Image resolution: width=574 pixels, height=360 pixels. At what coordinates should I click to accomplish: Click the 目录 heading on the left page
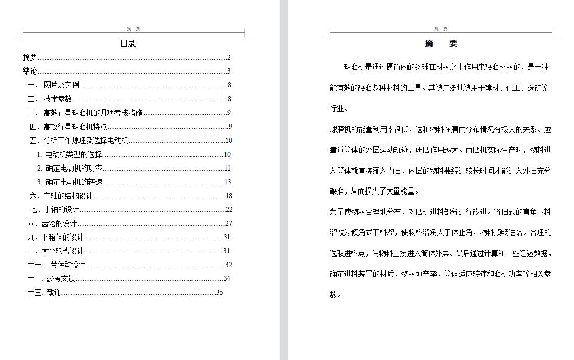[x=128, y=44]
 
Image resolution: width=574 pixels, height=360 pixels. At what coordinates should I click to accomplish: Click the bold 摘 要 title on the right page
[x=441, y=44]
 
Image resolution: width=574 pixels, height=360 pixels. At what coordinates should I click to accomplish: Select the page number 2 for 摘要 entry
[x=229, y=58]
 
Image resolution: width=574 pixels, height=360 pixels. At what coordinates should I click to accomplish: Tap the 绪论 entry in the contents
[x=30, y=71]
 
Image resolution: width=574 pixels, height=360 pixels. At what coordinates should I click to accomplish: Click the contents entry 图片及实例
[x=61, y=85]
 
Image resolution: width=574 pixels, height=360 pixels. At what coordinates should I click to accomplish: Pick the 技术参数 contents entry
[x=58, y=99]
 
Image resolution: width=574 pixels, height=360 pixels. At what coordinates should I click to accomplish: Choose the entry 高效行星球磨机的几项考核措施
[x=93, y=113]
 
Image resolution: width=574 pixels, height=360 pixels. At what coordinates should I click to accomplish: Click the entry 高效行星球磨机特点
[x=75, y=127]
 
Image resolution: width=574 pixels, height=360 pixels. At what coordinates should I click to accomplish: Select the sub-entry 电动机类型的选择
[x=74, y=154]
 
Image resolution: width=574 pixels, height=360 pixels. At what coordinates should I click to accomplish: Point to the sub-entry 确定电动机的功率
[x=74, y=168]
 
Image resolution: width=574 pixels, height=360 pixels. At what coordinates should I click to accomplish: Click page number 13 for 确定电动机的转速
[x=228, y=182]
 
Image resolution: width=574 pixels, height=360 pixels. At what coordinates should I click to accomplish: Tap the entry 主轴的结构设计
[x=68, y=196]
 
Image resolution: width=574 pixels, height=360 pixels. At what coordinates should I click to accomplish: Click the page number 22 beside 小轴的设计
[x=229, y=209]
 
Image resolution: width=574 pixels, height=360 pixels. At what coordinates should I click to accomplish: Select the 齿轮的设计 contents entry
[x=59, y=223]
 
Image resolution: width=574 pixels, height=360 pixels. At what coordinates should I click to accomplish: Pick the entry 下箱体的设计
[x=62, y=237]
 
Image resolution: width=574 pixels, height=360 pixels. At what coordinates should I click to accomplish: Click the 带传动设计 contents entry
[x=67, y=265]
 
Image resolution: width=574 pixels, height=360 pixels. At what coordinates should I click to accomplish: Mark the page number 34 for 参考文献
[x=227, y=278]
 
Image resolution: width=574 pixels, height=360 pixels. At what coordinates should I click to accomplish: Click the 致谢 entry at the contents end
[x=54, y=293]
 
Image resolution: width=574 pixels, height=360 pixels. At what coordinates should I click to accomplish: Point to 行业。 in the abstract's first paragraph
[x=339, y=109]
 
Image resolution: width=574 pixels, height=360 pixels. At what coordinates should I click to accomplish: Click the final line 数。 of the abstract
[x=335, y=295]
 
